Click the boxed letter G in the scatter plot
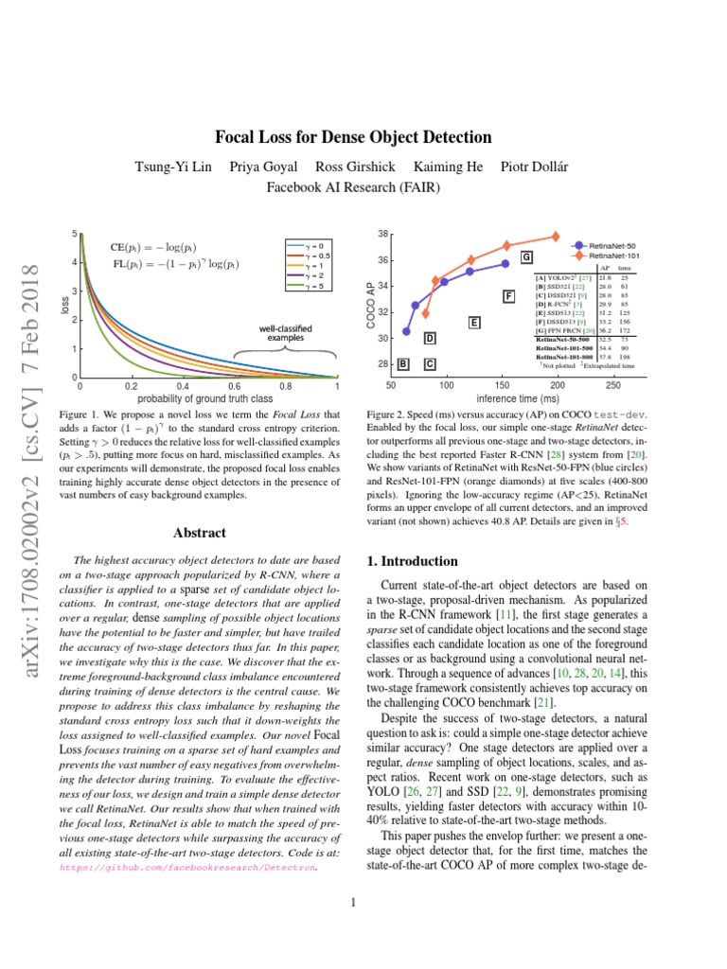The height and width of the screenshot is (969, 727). tap(526, 257)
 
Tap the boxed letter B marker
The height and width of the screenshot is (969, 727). tap(404, 363)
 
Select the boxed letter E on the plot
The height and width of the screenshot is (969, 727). tap(474, 323)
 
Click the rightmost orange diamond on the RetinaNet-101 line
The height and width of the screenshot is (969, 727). tap(556, 237)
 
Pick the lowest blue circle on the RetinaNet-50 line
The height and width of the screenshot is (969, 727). tap(407, 331)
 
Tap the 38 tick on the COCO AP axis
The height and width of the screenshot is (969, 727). tap(382, 234)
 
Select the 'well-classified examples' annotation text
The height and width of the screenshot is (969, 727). tap(286, 333)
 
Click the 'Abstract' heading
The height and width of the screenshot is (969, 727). tap(199, 533)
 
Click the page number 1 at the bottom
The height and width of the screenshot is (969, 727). tap(352, 902)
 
